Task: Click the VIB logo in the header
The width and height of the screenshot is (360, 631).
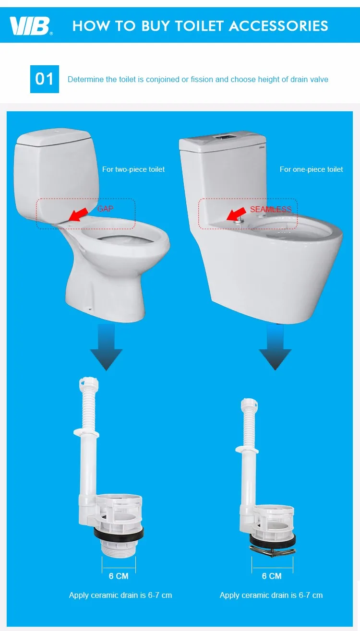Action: (x=30, y=26)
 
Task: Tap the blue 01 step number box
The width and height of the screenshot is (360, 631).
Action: (x=45, y=79)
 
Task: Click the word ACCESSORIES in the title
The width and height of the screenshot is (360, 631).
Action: (x=278, y=26)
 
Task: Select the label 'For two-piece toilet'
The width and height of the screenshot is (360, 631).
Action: (x=133, y=169)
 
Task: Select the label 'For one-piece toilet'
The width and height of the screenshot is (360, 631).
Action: (x=311, y=169)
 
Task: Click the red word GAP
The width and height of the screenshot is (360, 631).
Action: (x=105, y=209)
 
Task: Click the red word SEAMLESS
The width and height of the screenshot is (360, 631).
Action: (x=271, y=209)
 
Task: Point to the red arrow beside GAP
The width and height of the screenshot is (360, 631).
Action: (x=78, y=214)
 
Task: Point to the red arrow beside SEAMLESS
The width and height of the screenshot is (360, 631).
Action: (x=236, y=214)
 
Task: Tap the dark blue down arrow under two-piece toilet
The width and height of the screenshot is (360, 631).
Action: (x=106, y=347)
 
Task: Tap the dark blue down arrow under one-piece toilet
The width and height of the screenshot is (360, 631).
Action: (x=275, y=347)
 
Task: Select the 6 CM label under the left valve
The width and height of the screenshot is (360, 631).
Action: (x=119, y=576)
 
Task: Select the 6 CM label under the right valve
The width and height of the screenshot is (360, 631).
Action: (x=272, y=576)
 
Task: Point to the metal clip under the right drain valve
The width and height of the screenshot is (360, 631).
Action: (x=272, y=551)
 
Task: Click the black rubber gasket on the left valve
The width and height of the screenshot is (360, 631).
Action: (x=119, y=534)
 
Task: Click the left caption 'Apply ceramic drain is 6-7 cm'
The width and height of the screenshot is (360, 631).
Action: (x=120, y=595)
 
